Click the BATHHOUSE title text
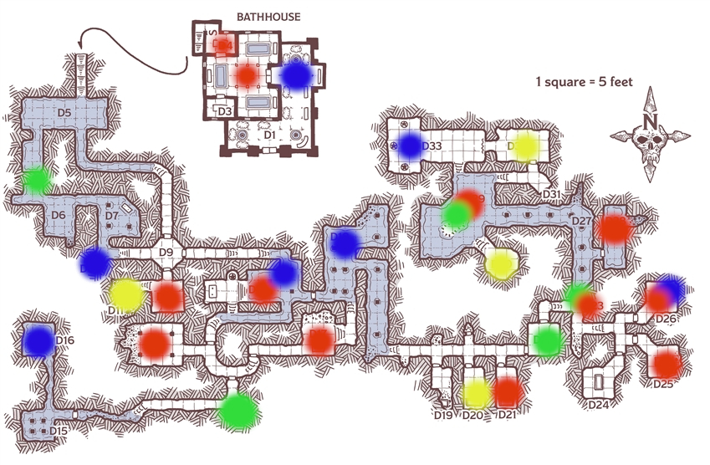coord(268,17)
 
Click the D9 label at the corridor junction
coord(165,253)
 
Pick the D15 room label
coord(58,431)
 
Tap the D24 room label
coord(597,406)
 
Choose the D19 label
coord(443,415)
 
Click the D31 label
coord(551,194)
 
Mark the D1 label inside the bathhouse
coord(269,134)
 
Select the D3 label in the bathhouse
coord(224,110)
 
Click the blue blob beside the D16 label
coord(38,340)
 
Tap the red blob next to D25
coord(667,365)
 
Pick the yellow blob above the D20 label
coord(477,393)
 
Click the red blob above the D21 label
coord(508,391)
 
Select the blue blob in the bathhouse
coord(296,74)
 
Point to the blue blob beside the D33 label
coord(410,146)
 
